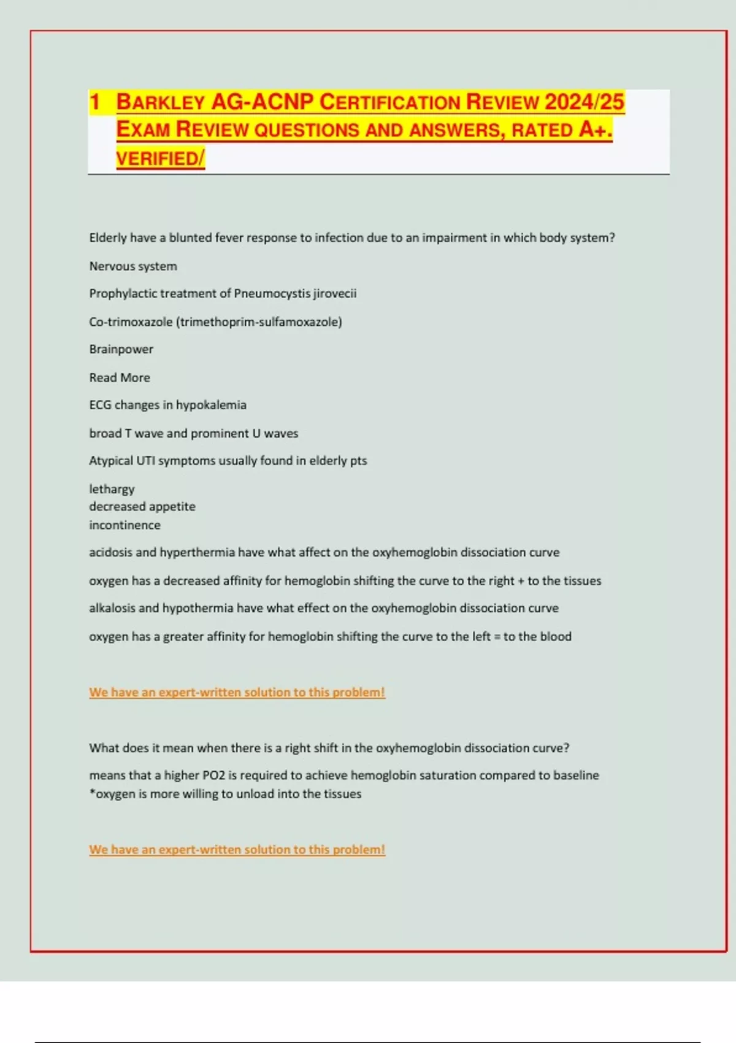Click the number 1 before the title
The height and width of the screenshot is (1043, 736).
pyautogui.click(x=94, y=102)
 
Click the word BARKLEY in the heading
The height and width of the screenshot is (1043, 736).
pyautogui.click(x=161, y=102)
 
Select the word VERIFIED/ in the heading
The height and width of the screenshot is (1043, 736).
pyautogui.click(x=160, y=158)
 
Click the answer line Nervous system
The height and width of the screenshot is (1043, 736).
pyautogui.click(x=133, y=266)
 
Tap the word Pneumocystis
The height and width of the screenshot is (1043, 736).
pyautogui.click(x=272, y=293)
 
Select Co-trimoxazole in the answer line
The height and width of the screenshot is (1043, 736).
pyautogui.click(x=131, y=321)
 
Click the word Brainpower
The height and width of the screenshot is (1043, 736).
pyautogui.click(x=121, y=349)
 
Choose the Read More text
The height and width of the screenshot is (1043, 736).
pyautogui.click(x=120, y=377)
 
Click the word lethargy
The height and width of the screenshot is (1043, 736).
pyautogui.click(x=112, y=489)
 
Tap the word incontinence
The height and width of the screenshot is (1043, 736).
pyautogui.click(x=125, y=525)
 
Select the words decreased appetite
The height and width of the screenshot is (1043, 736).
pyautogui.click(x=142, y=507)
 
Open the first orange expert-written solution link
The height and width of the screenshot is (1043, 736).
pyautogui.click(x=237, y=692)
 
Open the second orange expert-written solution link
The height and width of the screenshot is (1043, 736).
pyautogui.click(x=237, y=850)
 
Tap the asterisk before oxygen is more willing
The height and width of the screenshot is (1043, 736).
pyautogui.click(x=92, y=792)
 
